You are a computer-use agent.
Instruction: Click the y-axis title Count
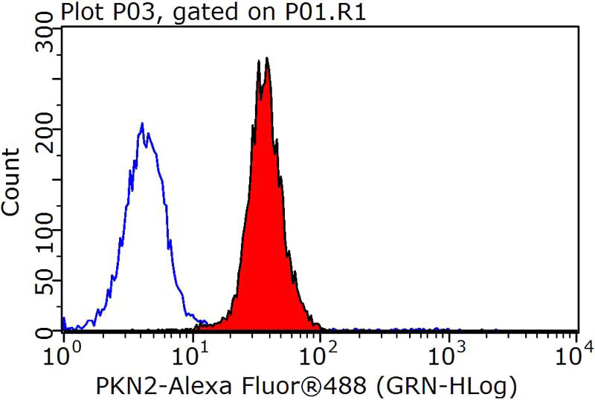[x=11, y=182]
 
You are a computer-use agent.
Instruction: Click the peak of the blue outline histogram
[x=142, y=124]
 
